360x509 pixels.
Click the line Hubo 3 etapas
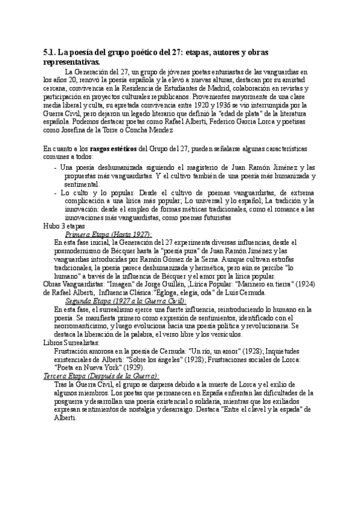coord(64,226)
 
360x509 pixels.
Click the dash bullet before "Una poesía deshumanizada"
coord(56,166)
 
